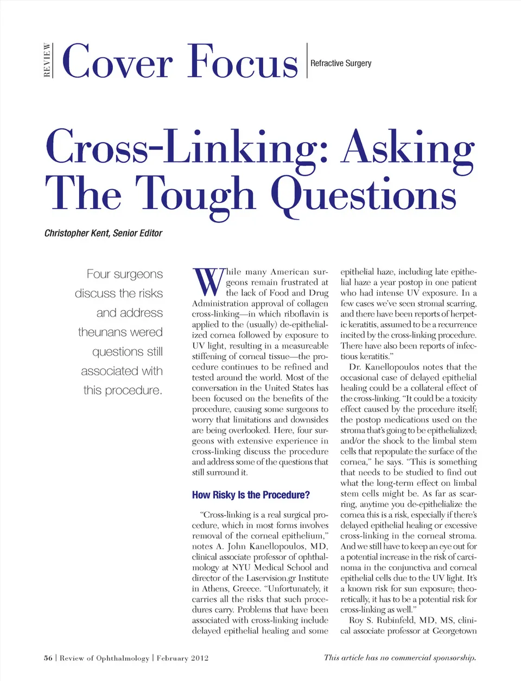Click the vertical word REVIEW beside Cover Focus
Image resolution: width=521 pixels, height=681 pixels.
tap(47, 60)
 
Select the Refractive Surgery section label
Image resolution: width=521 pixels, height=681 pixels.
tap(341, 63)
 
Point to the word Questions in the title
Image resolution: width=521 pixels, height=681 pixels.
tap(363, 194)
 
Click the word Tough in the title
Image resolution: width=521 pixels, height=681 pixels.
tap(194, 194)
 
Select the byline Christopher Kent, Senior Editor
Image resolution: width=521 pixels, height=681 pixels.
tap(103, 233)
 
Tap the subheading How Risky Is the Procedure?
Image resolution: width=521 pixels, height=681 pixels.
tap(251, 495)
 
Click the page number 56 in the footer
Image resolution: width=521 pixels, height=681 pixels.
tap(48, 658)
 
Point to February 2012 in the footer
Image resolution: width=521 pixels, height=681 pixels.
tap(182, 658)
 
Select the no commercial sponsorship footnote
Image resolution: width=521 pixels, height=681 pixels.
tap(400, 658)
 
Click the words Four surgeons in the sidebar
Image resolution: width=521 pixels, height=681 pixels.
tap(124, 274)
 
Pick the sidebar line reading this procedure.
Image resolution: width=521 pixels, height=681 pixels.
tap(123, 390)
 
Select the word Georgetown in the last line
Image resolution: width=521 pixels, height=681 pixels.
tap(454, 631)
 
